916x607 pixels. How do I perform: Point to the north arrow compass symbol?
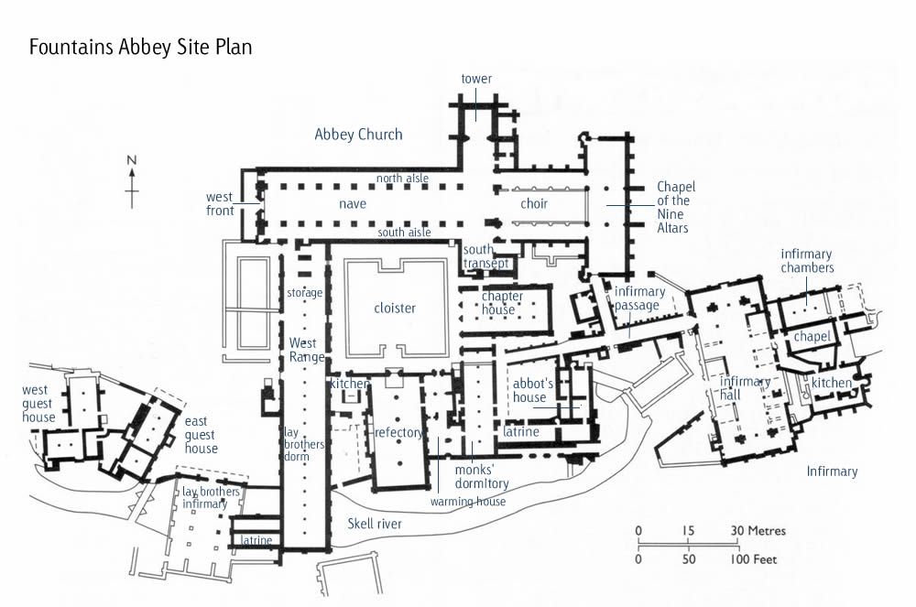132,182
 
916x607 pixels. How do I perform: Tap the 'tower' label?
476,79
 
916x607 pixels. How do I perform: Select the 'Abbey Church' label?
358,135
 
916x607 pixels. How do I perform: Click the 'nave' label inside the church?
353,203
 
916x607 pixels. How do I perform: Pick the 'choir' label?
534,203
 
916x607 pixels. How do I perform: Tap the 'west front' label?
220,203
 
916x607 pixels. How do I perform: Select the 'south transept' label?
479,257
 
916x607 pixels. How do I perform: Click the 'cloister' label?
395,308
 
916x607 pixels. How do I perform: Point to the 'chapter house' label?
502,303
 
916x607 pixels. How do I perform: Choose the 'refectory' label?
399,432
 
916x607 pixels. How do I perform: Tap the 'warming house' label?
468,502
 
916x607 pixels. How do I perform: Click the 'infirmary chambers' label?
807,260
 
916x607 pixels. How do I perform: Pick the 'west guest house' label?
39,404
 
